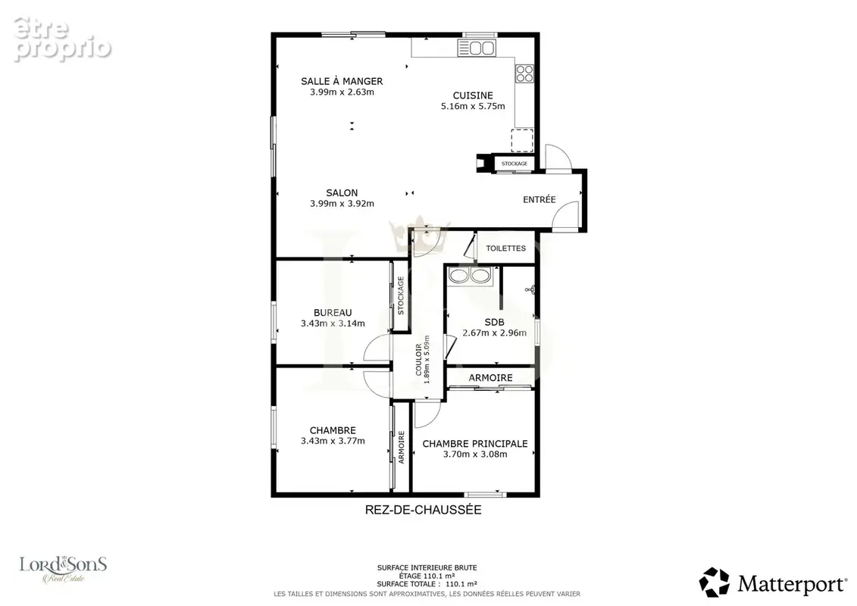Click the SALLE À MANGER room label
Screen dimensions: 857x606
click(x=342, y=81)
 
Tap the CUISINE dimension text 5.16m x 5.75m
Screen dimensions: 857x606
click(x=473, y=106)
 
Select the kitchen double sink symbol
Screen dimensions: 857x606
click(x=477, y=48)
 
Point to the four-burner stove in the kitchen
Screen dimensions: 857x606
click(x=524, y=73)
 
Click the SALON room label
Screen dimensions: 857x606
click(x=342, y=193)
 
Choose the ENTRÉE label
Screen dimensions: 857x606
click(x=539, y=199)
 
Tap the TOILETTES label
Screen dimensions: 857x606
click(x=505, y=248)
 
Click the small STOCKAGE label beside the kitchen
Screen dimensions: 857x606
click(x=515, y=164)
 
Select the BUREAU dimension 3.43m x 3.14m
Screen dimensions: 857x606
click(x=333, y=323)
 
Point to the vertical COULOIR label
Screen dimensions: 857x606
click(x=419, y=359)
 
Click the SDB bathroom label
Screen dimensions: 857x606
click(x=494, y=322)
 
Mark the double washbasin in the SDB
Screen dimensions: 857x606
click(x=470, y=276)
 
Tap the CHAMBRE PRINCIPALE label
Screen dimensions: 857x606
click(x=475, y=444)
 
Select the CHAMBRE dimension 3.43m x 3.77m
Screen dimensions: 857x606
click(x=333, y=441)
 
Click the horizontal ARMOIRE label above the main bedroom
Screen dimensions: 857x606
click(x=490, y=377)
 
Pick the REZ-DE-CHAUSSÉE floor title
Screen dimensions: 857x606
click(x=423, y=510)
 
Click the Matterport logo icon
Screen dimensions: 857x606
click(x=715, y=582)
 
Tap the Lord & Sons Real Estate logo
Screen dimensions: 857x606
click(x=64, y=570)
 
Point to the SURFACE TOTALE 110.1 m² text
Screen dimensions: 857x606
click(x=427, y=583)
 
